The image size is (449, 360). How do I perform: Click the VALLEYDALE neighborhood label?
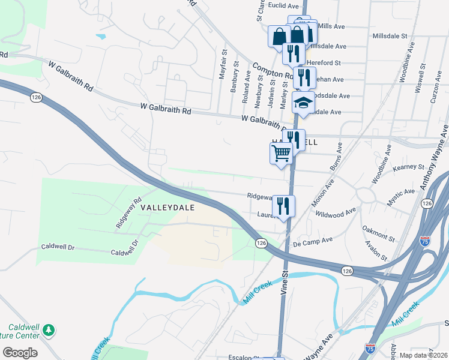point(169,206)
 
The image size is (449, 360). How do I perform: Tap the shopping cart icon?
point(282,154)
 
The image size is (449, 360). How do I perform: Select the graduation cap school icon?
point(303,103)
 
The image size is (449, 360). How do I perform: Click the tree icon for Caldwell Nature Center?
point(49,329)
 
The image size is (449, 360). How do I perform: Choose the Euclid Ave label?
point(283,5)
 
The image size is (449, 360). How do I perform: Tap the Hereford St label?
point(324,62)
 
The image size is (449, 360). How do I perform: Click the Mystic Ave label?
point(400,197)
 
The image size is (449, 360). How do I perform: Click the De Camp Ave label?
point(313,242)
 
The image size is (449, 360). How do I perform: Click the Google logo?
point(20,353)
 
